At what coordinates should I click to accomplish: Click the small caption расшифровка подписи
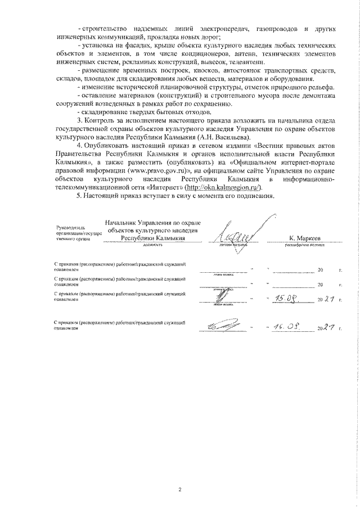305,246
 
